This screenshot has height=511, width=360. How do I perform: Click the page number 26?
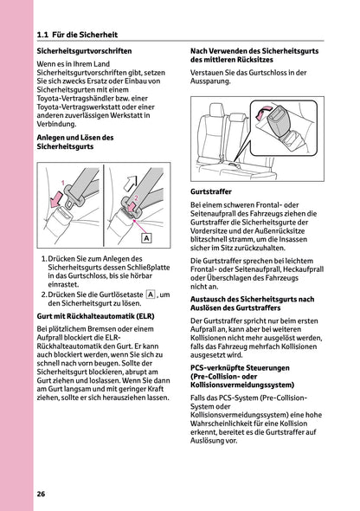(42, 493)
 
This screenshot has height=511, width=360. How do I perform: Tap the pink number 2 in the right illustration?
(134, 199)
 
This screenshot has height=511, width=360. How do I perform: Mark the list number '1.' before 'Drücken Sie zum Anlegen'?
(44, 259)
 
